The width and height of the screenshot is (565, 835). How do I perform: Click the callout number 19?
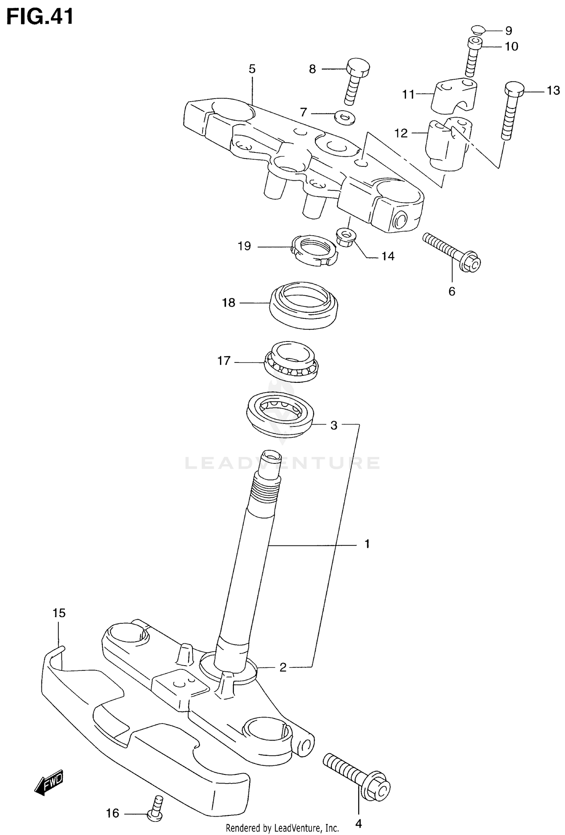(244, 246)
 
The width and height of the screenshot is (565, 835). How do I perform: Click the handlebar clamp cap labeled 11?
(456, 95)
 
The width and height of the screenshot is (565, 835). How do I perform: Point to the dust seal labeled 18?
(303, 306)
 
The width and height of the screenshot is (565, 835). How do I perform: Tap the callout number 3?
(334, 425)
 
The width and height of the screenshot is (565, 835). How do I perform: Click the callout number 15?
(59, 613)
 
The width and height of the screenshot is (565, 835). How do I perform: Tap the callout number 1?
(367, 544)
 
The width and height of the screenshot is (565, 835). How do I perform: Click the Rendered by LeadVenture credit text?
(282, 828)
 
